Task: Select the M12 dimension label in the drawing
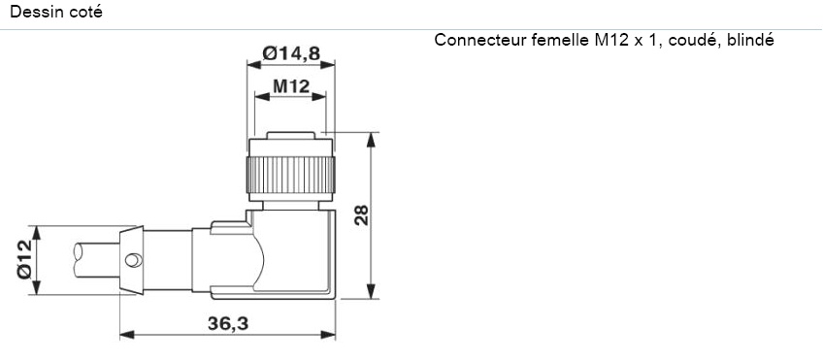[290, 87]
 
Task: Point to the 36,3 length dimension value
[226, 323]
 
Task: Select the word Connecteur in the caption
[477, 41]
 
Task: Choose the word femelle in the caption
[558, 41]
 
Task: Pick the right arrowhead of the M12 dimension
[320, 98]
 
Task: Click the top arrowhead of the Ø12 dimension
[37, 232]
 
